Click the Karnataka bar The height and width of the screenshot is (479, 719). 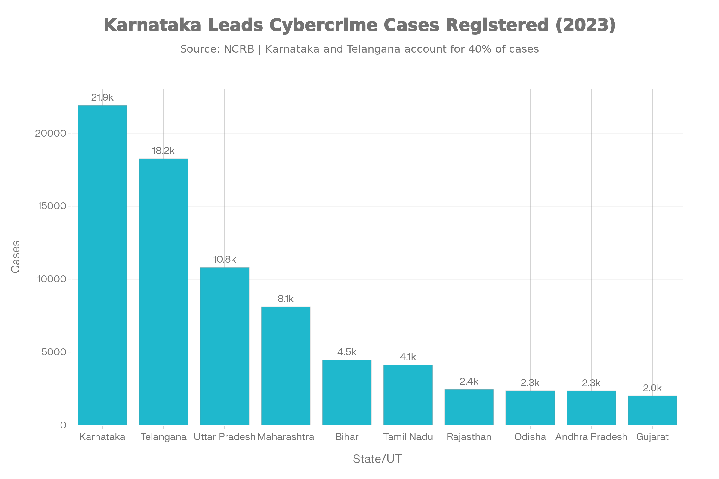coord(102,265)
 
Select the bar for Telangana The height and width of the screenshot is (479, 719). coord(164,292)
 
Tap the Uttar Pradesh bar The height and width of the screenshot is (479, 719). coord(225,346)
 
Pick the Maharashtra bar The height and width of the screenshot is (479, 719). coord(286,366)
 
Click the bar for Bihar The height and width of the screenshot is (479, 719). coord(347,392)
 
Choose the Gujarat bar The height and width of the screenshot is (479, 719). coord(652,410)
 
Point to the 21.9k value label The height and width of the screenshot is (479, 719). coord(102,98)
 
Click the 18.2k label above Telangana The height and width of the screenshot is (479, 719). coord(164,151)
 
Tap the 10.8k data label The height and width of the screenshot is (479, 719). coord(225,259)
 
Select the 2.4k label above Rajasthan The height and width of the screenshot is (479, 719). coord(469,381)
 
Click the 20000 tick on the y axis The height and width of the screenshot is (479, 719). coord(51,133)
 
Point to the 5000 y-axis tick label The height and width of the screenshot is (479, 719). coord(54,352)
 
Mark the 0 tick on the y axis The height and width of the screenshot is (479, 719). coord(63,425)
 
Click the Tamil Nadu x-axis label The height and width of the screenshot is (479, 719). coord(408,437)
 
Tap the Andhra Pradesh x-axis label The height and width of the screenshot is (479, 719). coord(591,437)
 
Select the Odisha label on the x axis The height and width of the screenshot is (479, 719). coord(530,437)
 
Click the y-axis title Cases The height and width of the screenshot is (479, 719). coord(16,257)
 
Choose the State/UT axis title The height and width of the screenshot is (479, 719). coord(377,459)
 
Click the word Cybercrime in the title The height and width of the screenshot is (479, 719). coord(323,25)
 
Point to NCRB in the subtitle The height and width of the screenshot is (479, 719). coord(239,49)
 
